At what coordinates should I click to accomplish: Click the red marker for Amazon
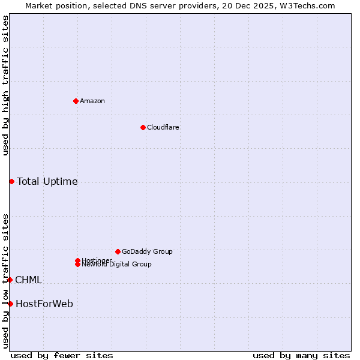pyautogui.click(x=76, y=101)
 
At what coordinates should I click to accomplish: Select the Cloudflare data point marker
pyautogui.click(x=143, y=127)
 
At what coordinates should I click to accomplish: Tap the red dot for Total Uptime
pyautogui.click(x=11, y=181)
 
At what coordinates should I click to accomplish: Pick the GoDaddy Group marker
pyautogui.click(x=118, y=251)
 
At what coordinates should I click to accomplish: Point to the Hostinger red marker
pyautogui.click(x=77, y=260)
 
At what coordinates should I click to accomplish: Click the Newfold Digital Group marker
pyautogui.click(x=77, y=265)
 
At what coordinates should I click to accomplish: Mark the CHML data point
pyautogui.click(x=10, y=280)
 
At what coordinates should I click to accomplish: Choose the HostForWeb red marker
pyautogui.click(x=10, y=304)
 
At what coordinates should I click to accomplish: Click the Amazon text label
pyautogui.click(x=92, y=101)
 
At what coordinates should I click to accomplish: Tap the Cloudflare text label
pyautogui.click(x=163, y=127)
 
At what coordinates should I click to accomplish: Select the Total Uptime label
pyautogui.click(x=47, y=181)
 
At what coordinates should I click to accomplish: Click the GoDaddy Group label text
pyautogui.click(x=147, y=251)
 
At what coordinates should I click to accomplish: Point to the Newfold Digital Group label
pyautogui.click(x=117, y=265)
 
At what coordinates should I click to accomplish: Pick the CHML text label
pyautogui.click(x=28, y=280)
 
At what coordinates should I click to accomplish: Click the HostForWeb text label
pyautogui.click(x=44, y=304)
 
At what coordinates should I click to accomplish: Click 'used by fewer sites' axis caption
pyautogui.click(x=62, y=355)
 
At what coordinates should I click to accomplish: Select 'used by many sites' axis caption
pyautogui.click(x=301, y=355)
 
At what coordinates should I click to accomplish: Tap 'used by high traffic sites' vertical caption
pyautogui.click(x=5, y=85)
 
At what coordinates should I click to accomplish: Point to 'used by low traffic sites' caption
pyautogui.click(x=5, y=280)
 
